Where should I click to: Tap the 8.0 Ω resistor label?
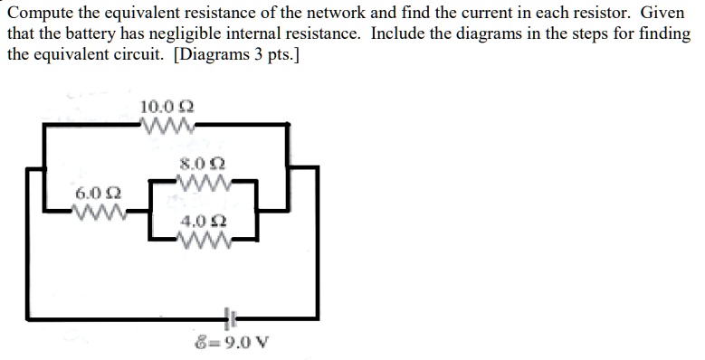202,165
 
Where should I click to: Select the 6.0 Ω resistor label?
94,194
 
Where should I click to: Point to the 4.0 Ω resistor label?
202,222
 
